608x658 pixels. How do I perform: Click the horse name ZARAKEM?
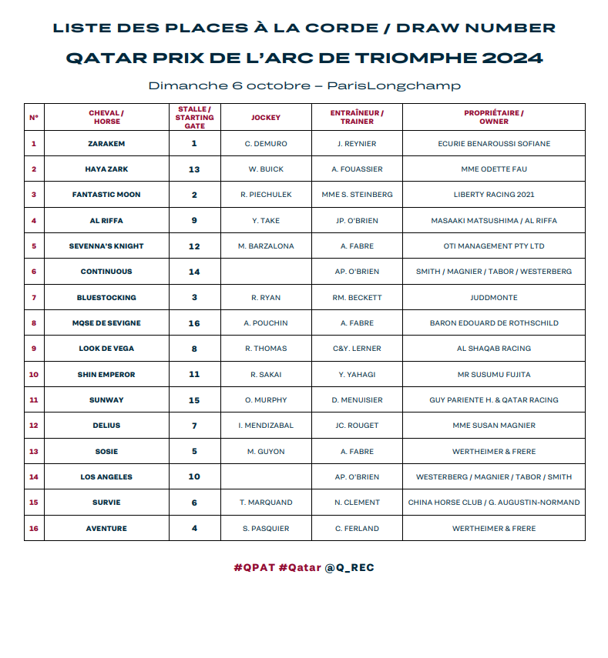[x=106, y=143]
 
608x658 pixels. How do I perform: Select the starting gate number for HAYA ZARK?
[x=194, y=169]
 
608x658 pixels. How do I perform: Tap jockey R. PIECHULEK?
[x=266, y=195]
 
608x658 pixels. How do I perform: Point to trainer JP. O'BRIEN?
[x=357, y=220]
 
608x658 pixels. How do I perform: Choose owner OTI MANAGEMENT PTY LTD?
[x=493, y=246]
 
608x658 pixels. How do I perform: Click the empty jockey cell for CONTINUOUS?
[x=266, y=272]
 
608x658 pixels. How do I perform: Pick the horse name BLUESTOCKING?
[x=106, y=297]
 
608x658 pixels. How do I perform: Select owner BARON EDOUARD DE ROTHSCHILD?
[x=493, y=323]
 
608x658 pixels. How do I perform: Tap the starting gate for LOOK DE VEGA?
[x=194, y=349]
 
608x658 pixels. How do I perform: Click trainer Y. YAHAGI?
[x=357, y=374]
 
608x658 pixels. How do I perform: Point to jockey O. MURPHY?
[x=266, y=400]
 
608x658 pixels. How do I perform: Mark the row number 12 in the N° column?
[x=34, y=426]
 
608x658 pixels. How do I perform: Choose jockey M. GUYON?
[x=266, y=452]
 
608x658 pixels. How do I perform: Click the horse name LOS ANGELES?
[x=106, y=477]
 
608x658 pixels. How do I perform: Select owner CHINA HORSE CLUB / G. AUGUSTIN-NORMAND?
[x=493, y=503]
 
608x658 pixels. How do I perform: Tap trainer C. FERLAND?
[x=357, y=529]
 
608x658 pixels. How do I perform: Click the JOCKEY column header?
[x=266, y=118]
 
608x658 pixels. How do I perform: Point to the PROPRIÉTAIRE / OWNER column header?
[x=493, y=117]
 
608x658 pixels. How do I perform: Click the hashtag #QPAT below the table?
[x=254, y=568]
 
